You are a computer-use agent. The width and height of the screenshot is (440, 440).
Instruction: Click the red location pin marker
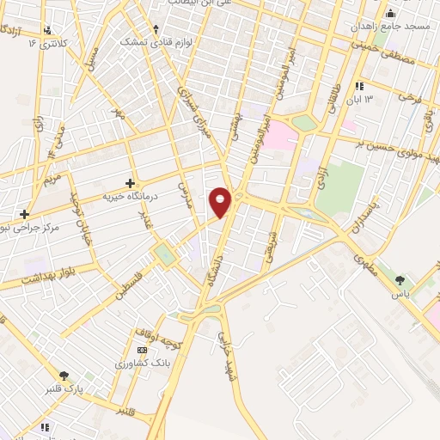click(x=220, y=201)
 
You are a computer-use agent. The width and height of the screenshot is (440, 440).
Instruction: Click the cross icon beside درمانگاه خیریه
click(x=130, y=182)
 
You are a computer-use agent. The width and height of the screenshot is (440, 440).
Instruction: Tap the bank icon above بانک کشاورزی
click(x=143, y=350)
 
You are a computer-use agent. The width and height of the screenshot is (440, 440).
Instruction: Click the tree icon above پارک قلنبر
click(x=64, y=376)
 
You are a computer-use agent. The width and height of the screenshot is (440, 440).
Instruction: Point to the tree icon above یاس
click(x=399, y=279)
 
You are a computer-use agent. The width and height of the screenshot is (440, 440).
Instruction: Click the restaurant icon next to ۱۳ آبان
click(x=358, y=86)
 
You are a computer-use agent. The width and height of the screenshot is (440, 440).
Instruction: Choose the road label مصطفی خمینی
click(x=390, y=55)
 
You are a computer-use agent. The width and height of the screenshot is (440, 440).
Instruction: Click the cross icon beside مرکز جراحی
click(x=25, y=213)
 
